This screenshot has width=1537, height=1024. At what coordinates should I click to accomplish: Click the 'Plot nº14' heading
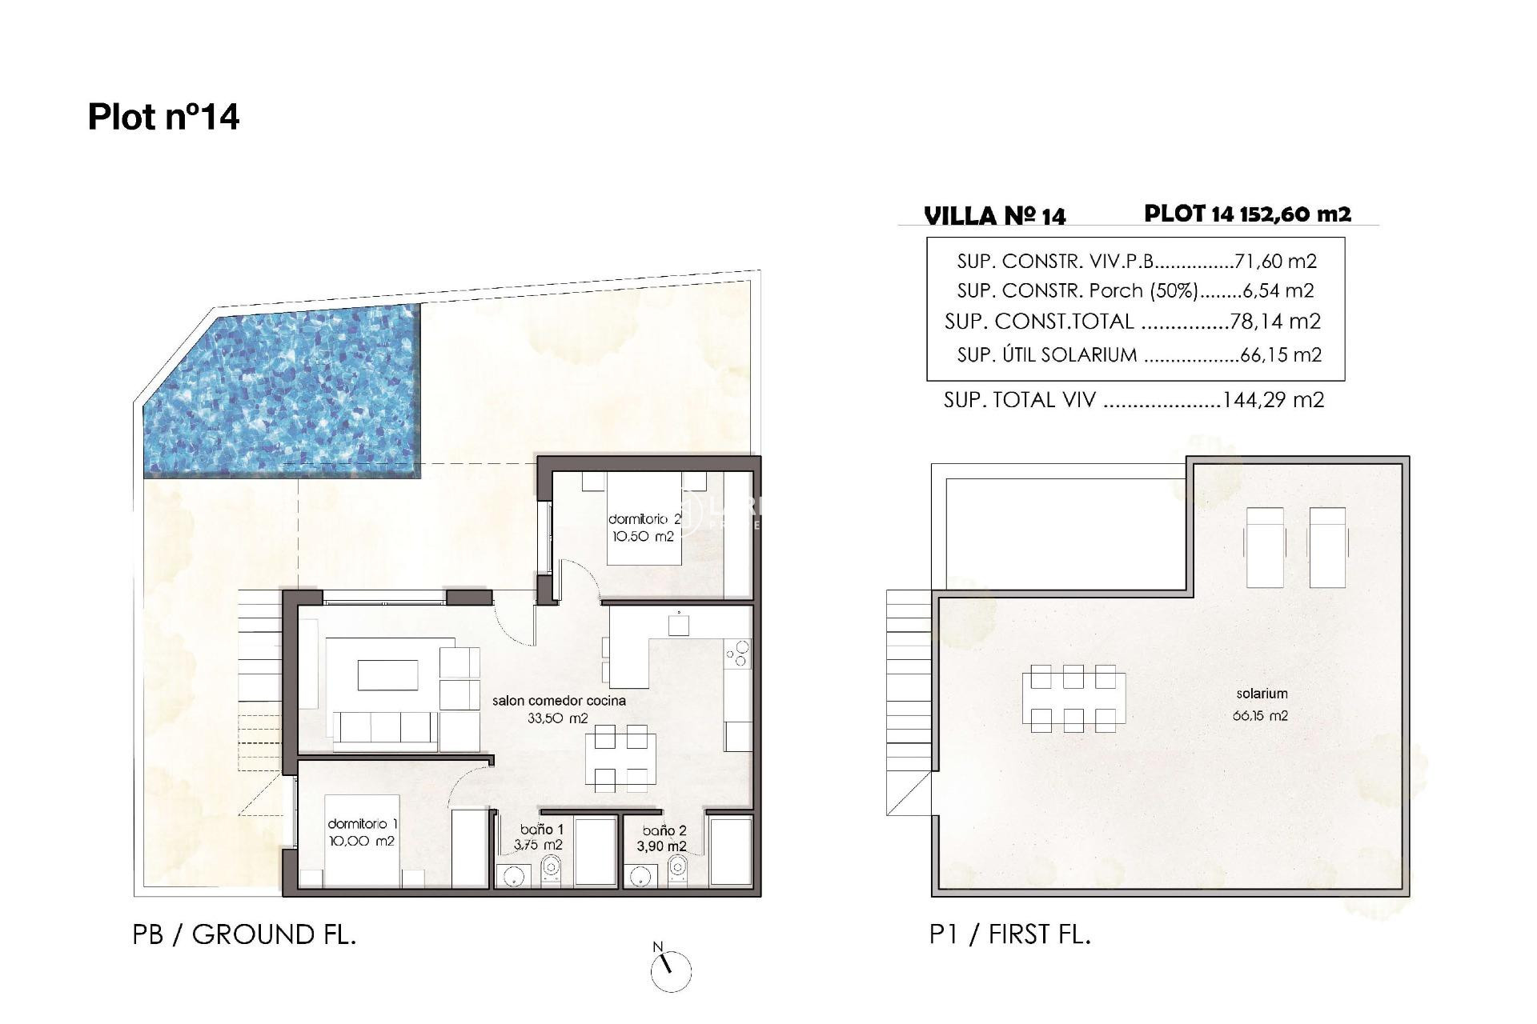pyautogui.click(x=163, y=117)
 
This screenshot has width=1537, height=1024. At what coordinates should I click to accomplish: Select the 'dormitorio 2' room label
pyautogui.click(x=644, y=519)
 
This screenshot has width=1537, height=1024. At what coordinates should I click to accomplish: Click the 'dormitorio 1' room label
pyautogui.click(x=363, y=824)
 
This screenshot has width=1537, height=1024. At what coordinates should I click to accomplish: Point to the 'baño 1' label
pyautogui.click(x=542, y=830)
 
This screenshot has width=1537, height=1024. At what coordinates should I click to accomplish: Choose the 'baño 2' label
pyautogui.click(x=664, y=830)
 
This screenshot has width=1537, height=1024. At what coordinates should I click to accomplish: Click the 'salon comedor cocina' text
pyautogui.click(x=559, y=701)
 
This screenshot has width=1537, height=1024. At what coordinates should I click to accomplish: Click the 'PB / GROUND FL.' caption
pyautogui.click(x=244, y=934)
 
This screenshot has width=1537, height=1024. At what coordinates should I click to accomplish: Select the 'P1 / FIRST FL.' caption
pyautogui.click(x=1010, y=934)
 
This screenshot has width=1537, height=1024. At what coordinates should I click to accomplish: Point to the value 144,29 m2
pyautogui.click(x=1273, y=399)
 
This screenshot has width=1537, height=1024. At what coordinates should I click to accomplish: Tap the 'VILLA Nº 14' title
pyautogui.click(x=995, y=216)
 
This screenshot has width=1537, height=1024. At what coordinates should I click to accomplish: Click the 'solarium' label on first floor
pyautogui.click(x=1262, y=694)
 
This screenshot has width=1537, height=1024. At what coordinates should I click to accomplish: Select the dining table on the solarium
pyautogui.click(x=1073, y=698)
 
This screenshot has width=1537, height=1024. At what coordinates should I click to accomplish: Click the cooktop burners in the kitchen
pyautogui.click(x=738, y=654)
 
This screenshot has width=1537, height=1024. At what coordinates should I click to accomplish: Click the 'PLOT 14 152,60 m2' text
pyautogui.click(x=1247, y=214)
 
